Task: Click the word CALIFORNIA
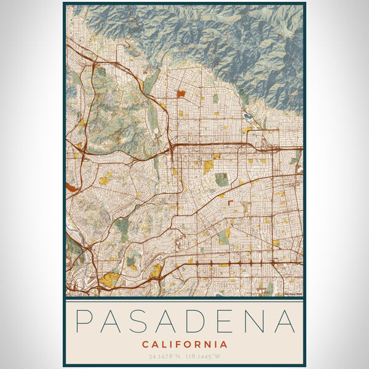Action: pyautogui.click(x=184, y=344)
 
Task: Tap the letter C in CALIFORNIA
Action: pyautogui.click(x=145, y=344)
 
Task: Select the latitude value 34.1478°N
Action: pyautogui.click(x=165, y=357)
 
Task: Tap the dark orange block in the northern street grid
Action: pyautogui.click(x=181, y=94)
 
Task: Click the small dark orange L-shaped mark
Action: pyautogui.click(x=230, y=202)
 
